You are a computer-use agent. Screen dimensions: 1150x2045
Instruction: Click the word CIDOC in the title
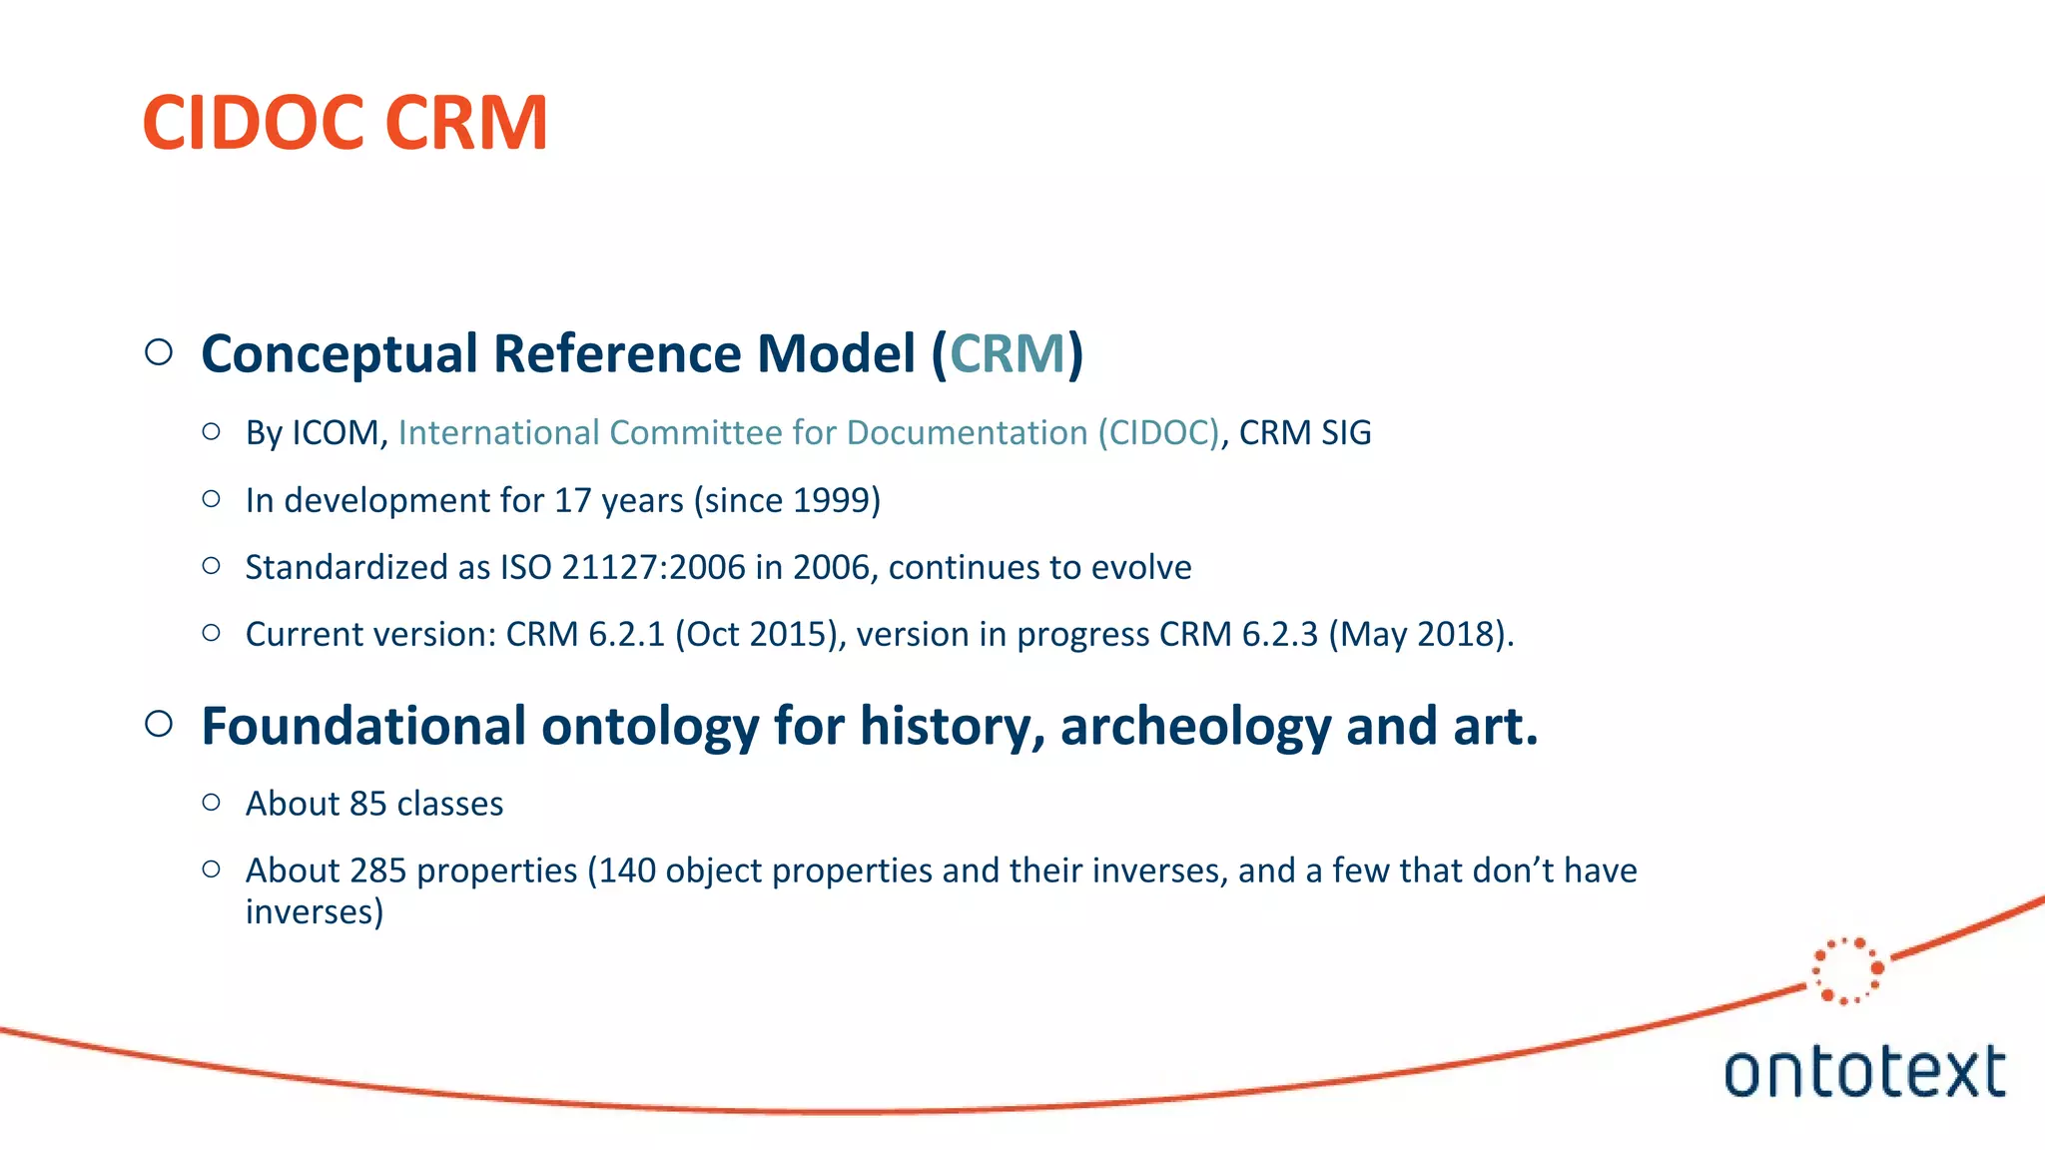tap(254, 123)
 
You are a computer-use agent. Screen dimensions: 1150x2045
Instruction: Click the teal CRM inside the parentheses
tap(1007, 353)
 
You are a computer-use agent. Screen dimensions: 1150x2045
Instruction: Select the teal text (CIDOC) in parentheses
tap(1158, 433)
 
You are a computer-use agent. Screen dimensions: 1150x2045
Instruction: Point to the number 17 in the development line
tap(573, 500)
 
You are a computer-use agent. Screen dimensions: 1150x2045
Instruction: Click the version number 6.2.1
tap(626, 634)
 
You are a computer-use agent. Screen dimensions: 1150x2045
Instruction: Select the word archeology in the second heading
tap(1194, 726)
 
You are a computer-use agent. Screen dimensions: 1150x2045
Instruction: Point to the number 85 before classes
tap(367, 804)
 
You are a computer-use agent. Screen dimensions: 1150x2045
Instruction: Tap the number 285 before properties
tap(378, 870)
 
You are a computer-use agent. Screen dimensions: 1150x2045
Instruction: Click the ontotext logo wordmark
tap(1864, 1072)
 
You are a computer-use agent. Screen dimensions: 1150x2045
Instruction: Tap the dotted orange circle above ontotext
tap(1847, 969)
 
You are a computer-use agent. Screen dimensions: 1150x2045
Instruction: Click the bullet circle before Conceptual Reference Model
tap(159, 352)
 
